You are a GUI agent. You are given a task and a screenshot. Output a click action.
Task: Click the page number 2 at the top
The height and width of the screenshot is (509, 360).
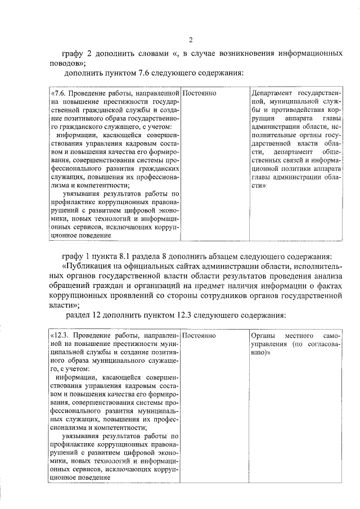(x=191, y=40)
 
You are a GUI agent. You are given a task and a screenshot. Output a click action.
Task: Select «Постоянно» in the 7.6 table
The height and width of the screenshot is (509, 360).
(x=200, y=92)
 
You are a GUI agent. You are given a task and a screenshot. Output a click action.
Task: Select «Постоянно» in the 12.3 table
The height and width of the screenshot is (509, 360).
(x=200, y=335)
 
